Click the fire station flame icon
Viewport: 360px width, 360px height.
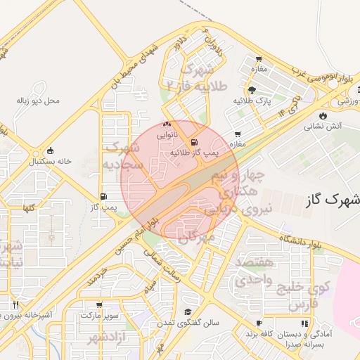322,115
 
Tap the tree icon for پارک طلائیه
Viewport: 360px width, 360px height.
252,90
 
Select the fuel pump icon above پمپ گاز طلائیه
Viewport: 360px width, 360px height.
194,141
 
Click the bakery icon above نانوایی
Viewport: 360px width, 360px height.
167,123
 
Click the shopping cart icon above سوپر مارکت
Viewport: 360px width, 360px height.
99,305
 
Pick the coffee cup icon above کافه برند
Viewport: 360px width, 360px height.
259,323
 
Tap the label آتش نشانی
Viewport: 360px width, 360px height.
322,127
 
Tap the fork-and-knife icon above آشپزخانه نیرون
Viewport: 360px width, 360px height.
15,304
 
